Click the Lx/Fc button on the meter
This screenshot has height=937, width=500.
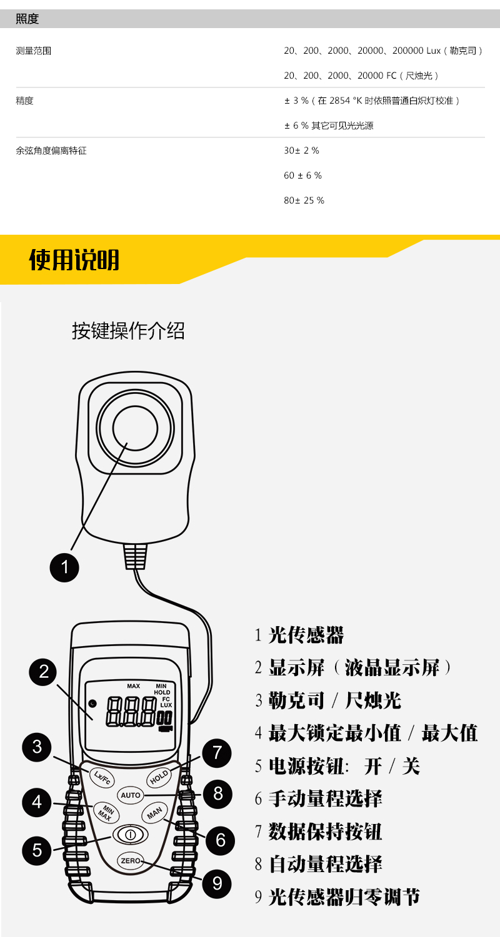point(102,777)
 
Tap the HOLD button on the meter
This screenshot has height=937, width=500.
point(159,777)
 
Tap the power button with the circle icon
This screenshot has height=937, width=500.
point(130,835)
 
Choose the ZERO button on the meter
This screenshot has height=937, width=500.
point(130,861)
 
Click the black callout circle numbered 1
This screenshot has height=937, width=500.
point(64,567)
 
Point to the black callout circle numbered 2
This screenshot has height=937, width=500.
point(44,672)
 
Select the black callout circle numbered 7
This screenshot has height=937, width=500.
point(217,753)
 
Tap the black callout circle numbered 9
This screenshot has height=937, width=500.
point(217,883)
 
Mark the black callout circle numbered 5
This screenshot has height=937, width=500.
point(37,850)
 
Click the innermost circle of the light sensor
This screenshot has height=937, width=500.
point(135,428)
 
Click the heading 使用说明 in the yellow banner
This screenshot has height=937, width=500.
point(74,260)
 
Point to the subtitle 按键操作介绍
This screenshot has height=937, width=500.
point(128,331)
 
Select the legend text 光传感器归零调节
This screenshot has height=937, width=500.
point(344,897)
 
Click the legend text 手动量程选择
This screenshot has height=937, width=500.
point(325,798)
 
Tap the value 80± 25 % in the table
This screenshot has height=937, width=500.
point(304,200)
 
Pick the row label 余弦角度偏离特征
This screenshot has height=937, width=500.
point(51,150)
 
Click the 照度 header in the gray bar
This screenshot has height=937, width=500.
point(27,19)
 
